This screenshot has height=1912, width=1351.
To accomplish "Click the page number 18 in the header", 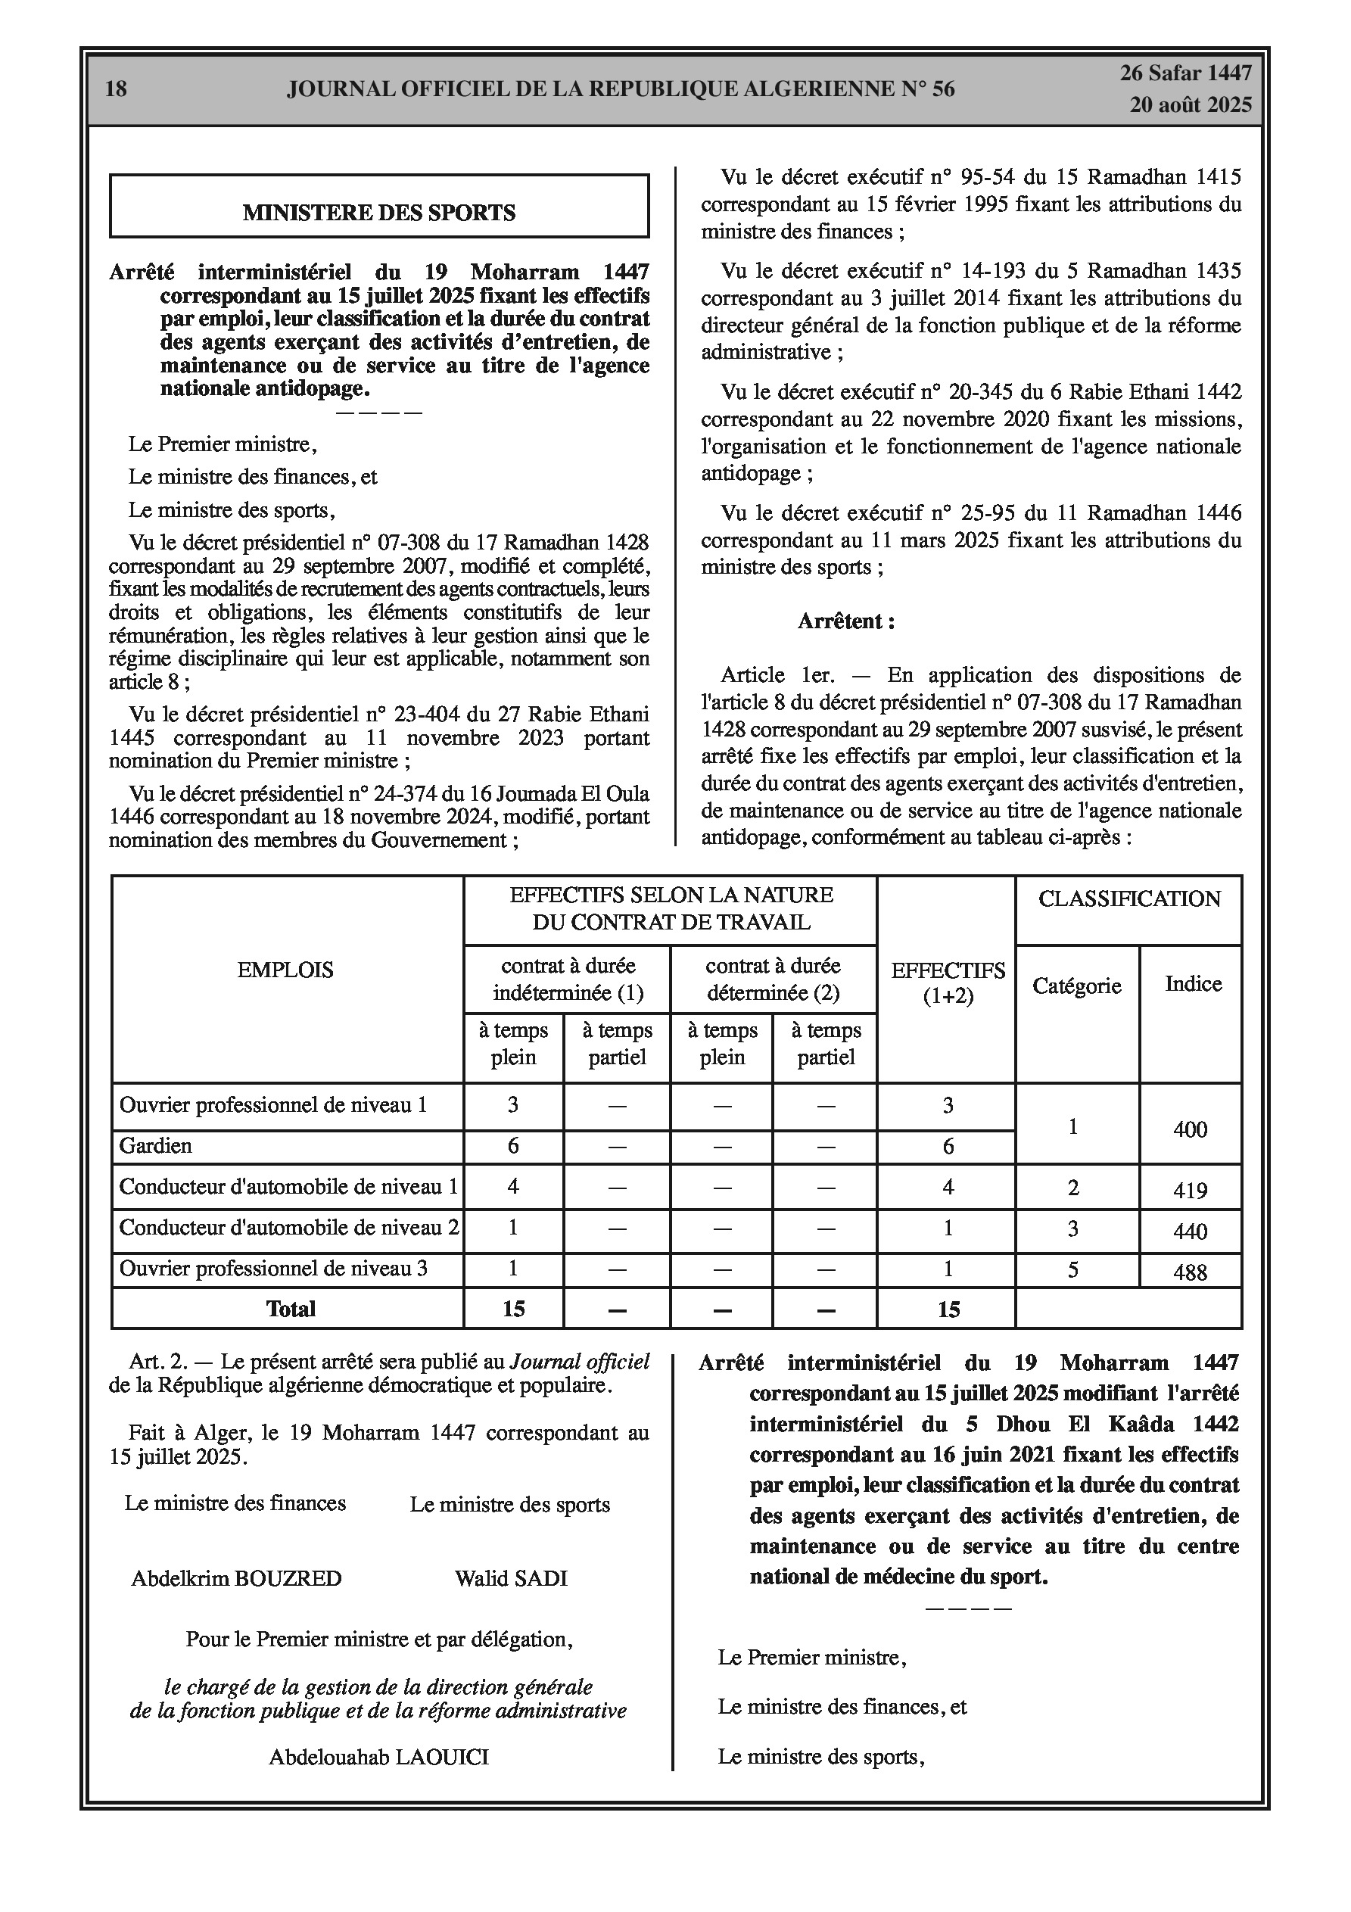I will tap(116, 89).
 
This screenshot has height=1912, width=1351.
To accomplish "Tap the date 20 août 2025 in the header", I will tap(1191, 104).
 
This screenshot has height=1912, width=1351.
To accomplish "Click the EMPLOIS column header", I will tap(285, 970).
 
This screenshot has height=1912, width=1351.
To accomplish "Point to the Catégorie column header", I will tap(1076, 986).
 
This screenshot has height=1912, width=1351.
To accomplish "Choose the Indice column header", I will tap(1193, 983).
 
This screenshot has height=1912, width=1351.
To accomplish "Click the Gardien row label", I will tap(156, 1146).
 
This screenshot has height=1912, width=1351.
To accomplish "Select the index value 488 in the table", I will tap(1190, 1272).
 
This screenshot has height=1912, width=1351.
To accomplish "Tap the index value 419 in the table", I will tap(1190, 1190).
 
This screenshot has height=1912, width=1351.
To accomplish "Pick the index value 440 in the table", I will tap(1190, 1231).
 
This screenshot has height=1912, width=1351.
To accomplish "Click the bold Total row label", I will tap(291, 1309).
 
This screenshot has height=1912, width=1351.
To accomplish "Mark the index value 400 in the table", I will tap(1190, 1129).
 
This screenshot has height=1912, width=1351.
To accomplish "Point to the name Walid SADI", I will tap(511, 1578).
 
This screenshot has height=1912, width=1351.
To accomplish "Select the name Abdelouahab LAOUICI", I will tap(378, 1757).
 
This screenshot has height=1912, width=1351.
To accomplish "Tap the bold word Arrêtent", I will tap(845, 621).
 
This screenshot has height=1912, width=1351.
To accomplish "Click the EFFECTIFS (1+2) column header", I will tap(948, 982).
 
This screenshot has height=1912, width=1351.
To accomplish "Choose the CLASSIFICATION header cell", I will tap(1128, 898).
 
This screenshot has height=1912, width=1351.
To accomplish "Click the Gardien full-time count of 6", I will tap(513, 1146).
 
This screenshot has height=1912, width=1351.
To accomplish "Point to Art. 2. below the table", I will tap(158, 1362).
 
